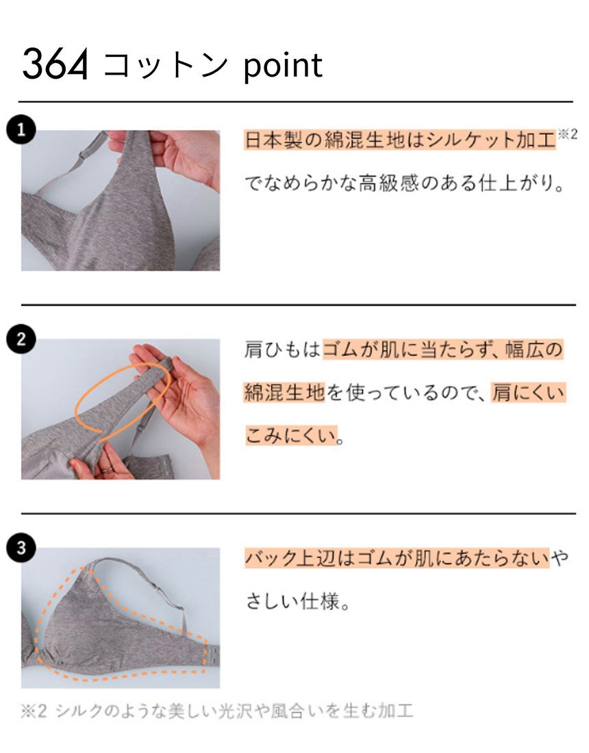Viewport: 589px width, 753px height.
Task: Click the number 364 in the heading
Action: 55,64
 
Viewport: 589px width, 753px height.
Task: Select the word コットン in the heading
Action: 165,65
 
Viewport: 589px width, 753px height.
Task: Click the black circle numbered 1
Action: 21,129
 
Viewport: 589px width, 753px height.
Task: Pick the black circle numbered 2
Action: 21,339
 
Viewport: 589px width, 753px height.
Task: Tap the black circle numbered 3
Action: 21,548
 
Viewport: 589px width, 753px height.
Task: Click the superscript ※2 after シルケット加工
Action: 567,134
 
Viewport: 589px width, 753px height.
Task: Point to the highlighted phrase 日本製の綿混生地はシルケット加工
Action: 400,140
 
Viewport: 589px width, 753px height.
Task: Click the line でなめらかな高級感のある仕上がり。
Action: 405,183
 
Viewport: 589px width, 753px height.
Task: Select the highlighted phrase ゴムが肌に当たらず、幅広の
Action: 443,349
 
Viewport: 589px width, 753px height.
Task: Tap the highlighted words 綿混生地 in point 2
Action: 284,393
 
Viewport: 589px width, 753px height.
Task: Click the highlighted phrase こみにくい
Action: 291,435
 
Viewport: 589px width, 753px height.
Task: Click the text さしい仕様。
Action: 298,601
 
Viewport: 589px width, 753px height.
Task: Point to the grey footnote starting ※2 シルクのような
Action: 216,711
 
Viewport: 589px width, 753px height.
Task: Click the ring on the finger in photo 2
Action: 105,470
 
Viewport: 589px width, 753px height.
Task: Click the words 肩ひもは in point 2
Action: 282,349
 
